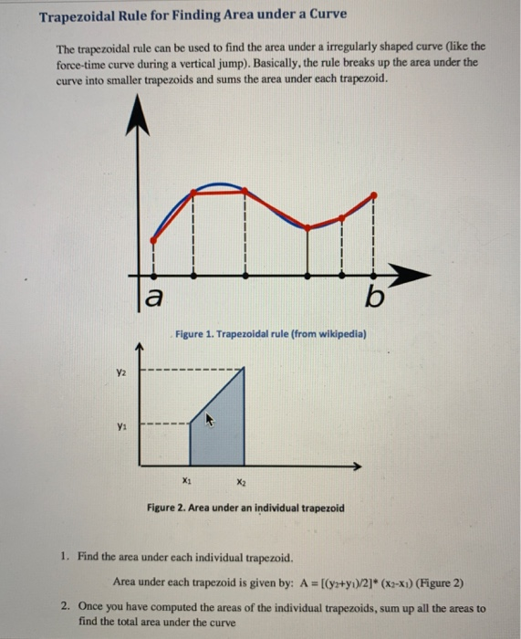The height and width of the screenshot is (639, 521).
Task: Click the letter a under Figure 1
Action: [x=155, y=298]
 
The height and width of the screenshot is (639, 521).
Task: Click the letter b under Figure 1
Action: [x=374, y=298]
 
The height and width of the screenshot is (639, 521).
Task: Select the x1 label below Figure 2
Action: [x=187, y=481]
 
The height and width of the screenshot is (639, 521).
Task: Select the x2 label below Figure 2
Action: [x=239, y=481]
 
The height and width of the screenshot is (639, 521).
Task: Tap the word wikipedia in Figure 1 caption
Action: [x=342, y=335]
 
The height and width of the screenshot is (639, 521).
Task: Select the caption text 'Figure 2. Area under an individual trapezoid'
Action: [x=245, y=508]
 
